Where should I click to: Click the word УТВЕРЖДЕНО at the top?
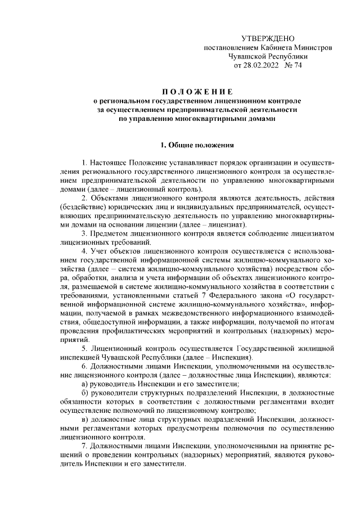(x=267, y=38)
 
